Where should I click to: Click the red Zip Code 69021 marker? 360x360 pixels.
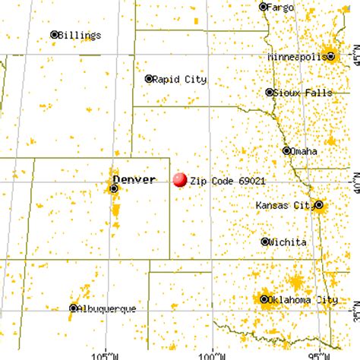(x=180, y=180)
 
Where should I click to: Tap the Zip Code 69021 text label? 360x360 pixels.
(x=228, y=181)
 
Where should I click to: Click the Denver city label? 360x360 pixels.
(x=134, y=180)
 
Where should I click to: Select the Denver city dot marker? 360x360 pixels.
(x=114, y=188)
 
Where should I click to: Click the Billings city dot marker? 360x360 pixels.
(x=55, y=34)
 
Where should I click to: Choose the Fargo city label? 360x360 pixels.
(x=282, y=7)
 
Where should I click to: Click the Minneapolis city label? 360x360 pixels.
(x=297, y=56)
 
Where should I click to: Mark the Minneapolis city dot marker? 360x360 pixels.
(x=330, y=55)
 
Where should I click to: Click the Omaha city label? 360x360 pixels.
(x=304, y=151)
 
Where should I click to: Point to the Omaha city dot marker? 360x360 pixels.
(x=286, y=150)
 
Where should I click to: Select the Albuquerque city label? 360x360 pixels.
(x=107, y=308)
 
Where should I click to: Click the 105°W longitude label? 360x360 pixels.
(x=106, y=354)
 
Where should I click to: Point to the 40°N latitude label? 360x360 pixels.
(x=353, y=182)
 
